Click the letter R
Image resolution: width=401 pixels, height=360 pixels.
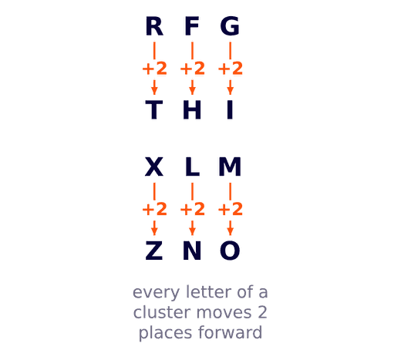pyautogui.click(x=154, y=26)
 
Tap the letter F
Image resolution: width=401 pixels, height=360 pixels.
pyautogui.click(x=192, y=26)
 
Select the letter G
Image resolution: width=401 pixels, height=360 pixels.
pyautogui.click(x=230, y=26)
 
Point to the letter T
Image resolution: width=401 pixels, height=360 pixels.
pyautogui.click(x=154, y=109)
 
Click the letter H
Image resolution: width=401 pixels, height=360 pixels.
pyautogui.click(x=192, y=109)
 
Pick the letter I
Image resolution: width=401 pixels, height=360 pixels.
pyautogui.click(x=230, y=109)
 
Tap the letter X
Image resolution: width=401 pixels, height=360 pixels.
pyautogui.click(x=154, y=167)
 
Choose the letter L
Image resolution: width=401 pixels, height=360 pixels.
pyautogui.click(x=193, y=167)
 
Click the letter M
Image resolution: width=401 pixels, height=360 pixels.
pyautogui.click(x=230, y=167)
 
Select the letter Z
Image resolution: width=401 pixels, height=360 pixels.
pyautogui.click(x=154, y=251)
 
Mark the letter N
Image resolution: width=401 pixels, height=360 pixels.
pyautogui.click(x=192, y=251)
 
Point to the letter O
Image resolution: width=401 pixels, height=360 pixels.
pyautogui.click(x=230, y=251)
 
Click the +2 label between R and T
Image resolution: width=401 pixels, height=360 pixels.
pyautogui.click(x=154, y=69)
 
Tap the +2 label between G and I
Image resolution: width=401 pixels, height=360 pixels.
pyautogui.click(x=231, y=69)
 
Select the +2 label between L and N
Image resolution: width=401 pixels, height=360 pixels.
pyautogui.click(x=193, y=209)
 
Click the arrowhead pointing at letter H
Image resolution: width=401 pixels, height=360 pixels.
pyautogui.click(x=192, y=91)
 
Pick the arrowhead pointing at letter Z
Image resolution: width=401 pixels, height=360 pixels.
pyautogui.click(x=154, y=232)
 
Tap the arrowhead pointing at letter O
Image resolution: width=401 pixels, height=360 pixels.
pyautogui.click(x=231, y=232)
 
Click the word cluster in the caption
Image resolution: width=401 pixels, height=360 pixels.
pyautogui.click(x=163, y=312)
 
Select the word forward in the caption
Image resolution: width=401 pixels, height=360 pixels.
pyautogui.click(x=230, y=332)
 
